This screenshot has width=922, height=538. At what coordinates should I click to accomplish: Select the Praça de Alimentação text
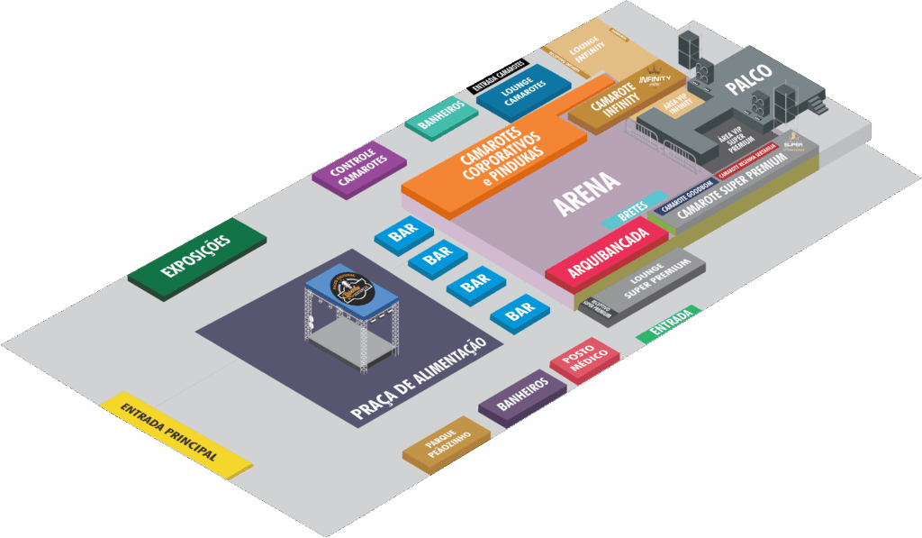(418, 378)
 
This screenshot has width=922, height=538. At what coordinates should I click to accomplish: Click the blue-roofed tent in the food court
(351, 293)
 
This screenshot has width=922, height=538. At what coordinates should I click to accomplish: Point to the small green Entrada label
(668, 324)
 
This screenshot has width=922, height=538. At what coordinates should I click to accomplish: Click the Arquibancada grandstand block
(608, 253)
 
